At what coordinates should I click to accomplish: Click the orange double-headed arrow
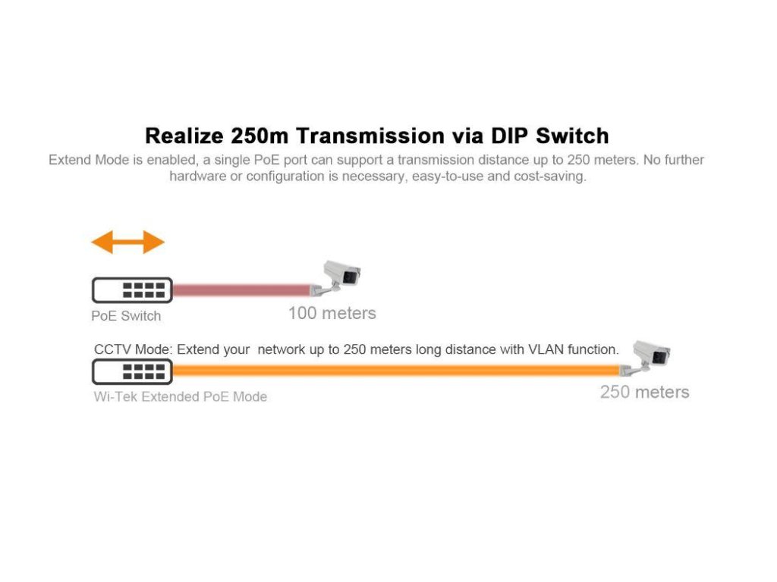[x=127, y=242]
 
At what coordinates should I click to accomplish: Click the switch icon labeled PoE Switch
[x=132, y=290]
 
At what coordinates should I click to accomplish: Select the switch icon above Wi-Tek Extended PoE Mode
[x=132, y=371]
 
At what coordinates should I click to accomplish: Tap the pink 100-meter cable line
[x=241, y=290]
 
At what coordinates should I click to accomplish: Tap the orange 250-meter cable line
[x=395, y=371]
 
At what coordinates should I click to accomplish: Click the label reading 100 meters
[x=332, y=313]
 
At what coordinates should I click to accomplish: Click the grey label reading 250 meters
[x=644, y=392]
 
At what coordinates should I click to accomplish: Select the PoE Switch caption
[x=126, y=316]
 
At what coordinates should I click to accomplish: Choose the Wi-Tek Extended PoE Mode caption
[x=180, y=396]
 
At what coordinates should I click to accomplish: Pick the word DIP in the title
[x=511, y=136]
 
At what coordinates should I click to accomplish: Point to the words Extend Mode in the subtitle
[x=83, y=160]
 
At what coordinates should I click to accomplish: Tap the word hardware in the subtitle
[x=197, y=177]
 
